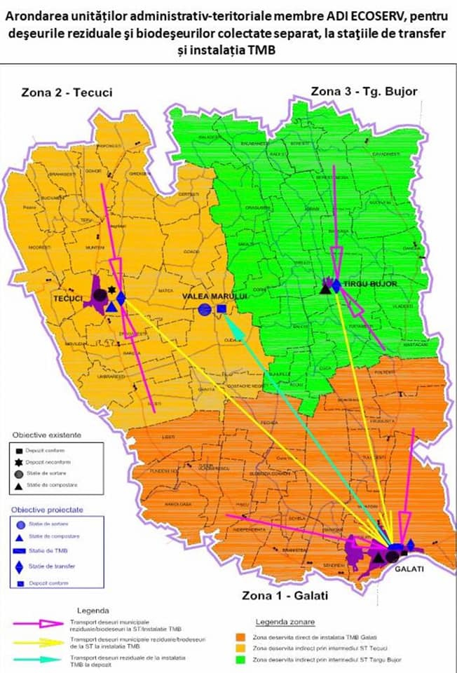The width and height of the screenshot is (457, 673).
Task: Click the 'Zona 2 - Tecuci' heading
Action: click(64, 92)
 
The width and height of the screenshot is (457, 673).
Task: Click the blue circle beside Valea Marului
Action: click(204, 309)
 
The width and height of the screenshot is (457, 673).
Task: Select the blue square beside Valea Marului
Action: click(221, 308)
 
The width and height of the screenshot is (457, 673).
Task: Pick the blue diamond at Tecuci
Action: click(121, 298)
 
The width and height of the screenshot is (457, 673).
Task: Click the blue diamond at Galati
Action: click(411, 545)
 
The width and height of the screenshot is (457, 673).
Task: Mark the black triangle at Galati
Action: click(378, 557)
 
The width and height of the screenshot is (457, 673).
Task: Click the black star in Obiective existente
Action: click(20, 462)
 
